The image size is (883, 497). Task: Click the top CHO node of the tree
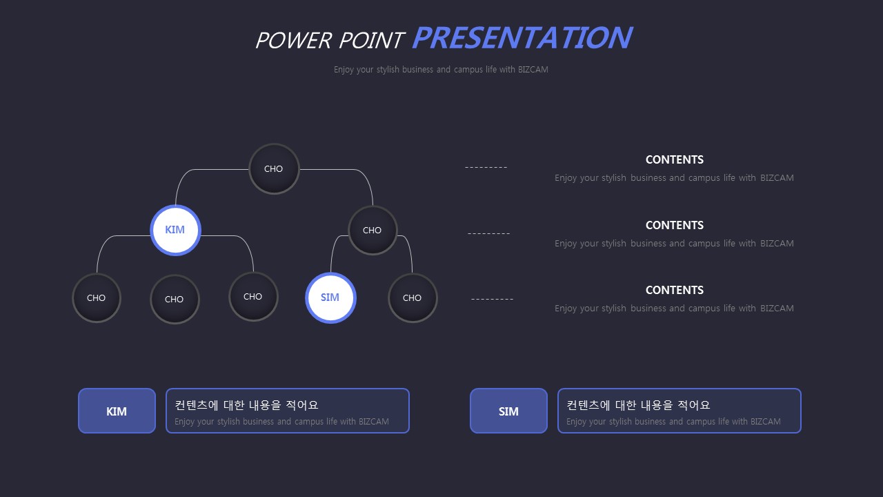pos(274,169)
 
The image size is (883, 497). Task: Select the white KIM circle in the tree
pos(175,230)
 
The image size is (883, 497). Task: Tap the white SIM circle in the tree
pos(330,298)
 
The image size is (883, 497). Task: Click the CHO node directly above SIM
pos(373,231)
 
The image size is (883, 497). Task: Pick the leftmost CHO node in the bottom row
pos(97,298)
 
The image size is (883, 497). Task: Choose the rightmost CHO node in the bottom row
pos(413,298)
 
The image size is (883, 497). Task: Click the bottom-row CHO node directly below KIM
pos(175,300)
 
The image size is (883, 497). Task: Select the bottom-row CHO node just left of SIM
pos(253,297)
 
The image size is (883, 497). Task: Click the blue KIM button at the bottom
pos(117,411)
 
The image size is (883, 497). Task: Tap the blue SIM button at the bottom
pos(508,411)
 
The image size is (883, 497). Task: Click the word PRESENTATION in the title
pos(522,38)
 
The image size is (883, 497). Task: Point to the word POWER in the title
pos(293,40)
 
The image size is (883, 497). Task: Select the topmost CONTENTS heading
pos(675,159)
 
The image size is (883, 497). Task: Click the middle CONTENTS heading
pos(675,225)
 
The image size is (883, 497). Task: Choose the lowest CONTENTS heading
pos(675,291)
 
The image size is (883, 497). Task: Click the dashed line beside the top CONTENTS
pos(486,168)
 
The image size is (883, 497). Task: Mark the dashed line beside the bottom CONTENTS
pos(493,299)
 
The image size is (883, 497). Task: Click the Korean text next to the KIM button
pos(246,405)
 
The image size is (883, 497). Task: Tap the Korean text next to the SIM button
pos(638,405)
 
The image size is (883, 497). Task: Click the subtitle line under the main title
pos(441,70)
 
